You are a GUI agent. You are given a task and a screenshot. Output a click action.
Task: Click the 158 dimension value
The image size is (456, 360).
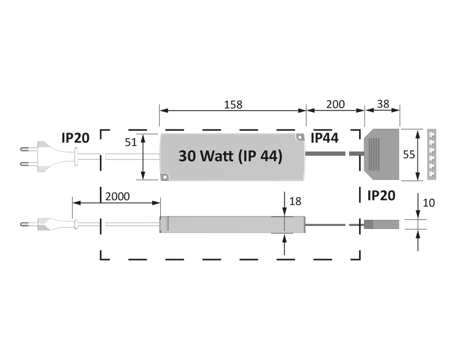[233, 105]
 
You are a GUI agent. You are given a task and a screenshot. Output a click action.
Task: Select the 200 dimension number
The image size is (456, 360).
[335, 105]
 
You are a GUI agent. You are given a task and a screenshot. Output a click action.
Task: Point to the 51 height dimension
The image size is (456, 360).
[131, 142]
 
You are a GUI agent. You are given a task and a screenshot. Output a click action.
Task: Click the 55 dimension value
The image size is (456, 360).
[409, 155]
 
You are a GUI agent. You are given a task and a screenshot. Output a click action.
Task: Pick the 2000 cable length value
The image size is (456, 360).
[117, 196]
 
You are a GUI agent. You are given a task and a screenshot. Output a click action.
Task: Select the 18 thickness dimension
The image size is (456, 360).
[295, 202]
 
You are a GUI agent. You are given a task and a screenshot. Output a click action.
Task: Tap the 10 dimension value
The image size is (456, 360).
[429, 203]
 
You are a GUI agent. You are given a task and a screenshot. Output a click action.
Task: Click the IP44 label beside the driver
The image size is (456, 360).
[325, 138]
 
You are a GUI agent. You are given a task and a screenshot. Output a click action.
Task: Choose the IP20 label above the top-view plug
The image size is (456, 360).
[76, 138]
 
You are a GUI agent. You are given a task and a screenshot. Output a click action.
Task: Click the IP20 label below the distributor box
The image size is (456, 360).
[381, 195]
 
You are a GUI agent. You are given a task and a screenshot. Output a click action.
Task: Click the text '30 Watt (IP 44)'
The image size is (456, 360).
[230, 156]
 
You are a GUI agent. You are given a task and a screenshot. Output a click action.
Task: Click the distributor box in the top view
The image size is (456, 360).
[382, 155]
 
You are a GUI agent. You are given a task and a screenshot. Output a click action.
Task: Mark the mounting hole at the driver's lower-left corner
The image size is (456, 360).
[164, 177]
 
